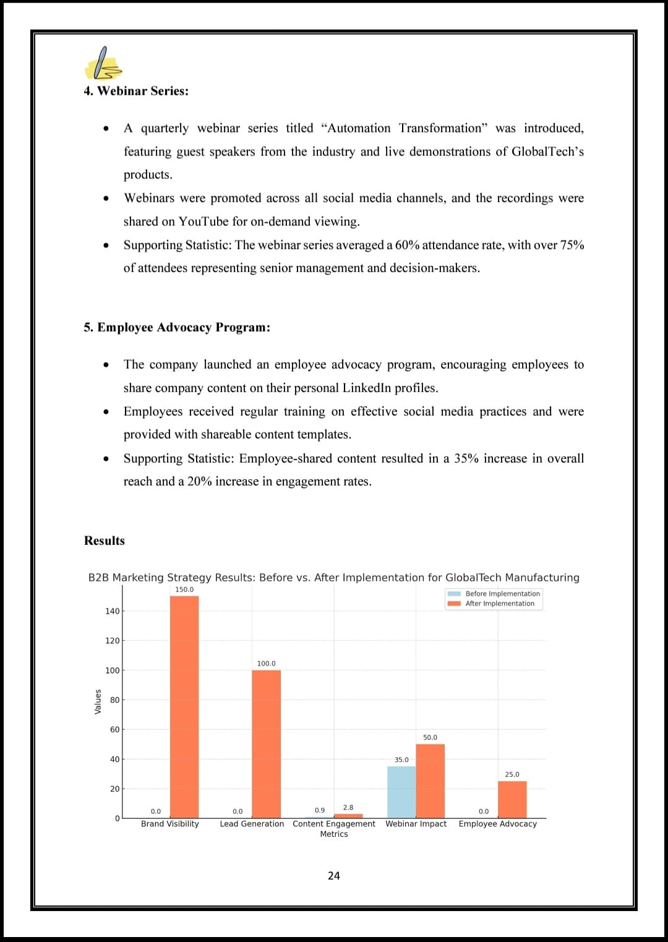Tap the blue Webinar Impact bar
click(401, 792)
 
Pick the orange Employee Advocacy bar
click(512, 800)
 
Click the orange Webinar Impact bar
click(430, 781)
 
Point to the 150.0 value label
click(184, 589)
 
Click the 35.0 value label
click(401, 760)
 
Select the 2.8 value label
click(348, 807)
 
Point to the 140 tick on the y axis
click(112, 611)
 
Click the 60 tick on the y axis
click(114, 730)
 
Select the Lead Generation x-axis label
click(252, 824)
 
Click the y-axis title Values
click(98, 701)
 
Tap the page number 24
click(334, 876)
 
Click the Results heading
click(105, 541)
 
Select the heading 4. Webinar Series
click(136, 91)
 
